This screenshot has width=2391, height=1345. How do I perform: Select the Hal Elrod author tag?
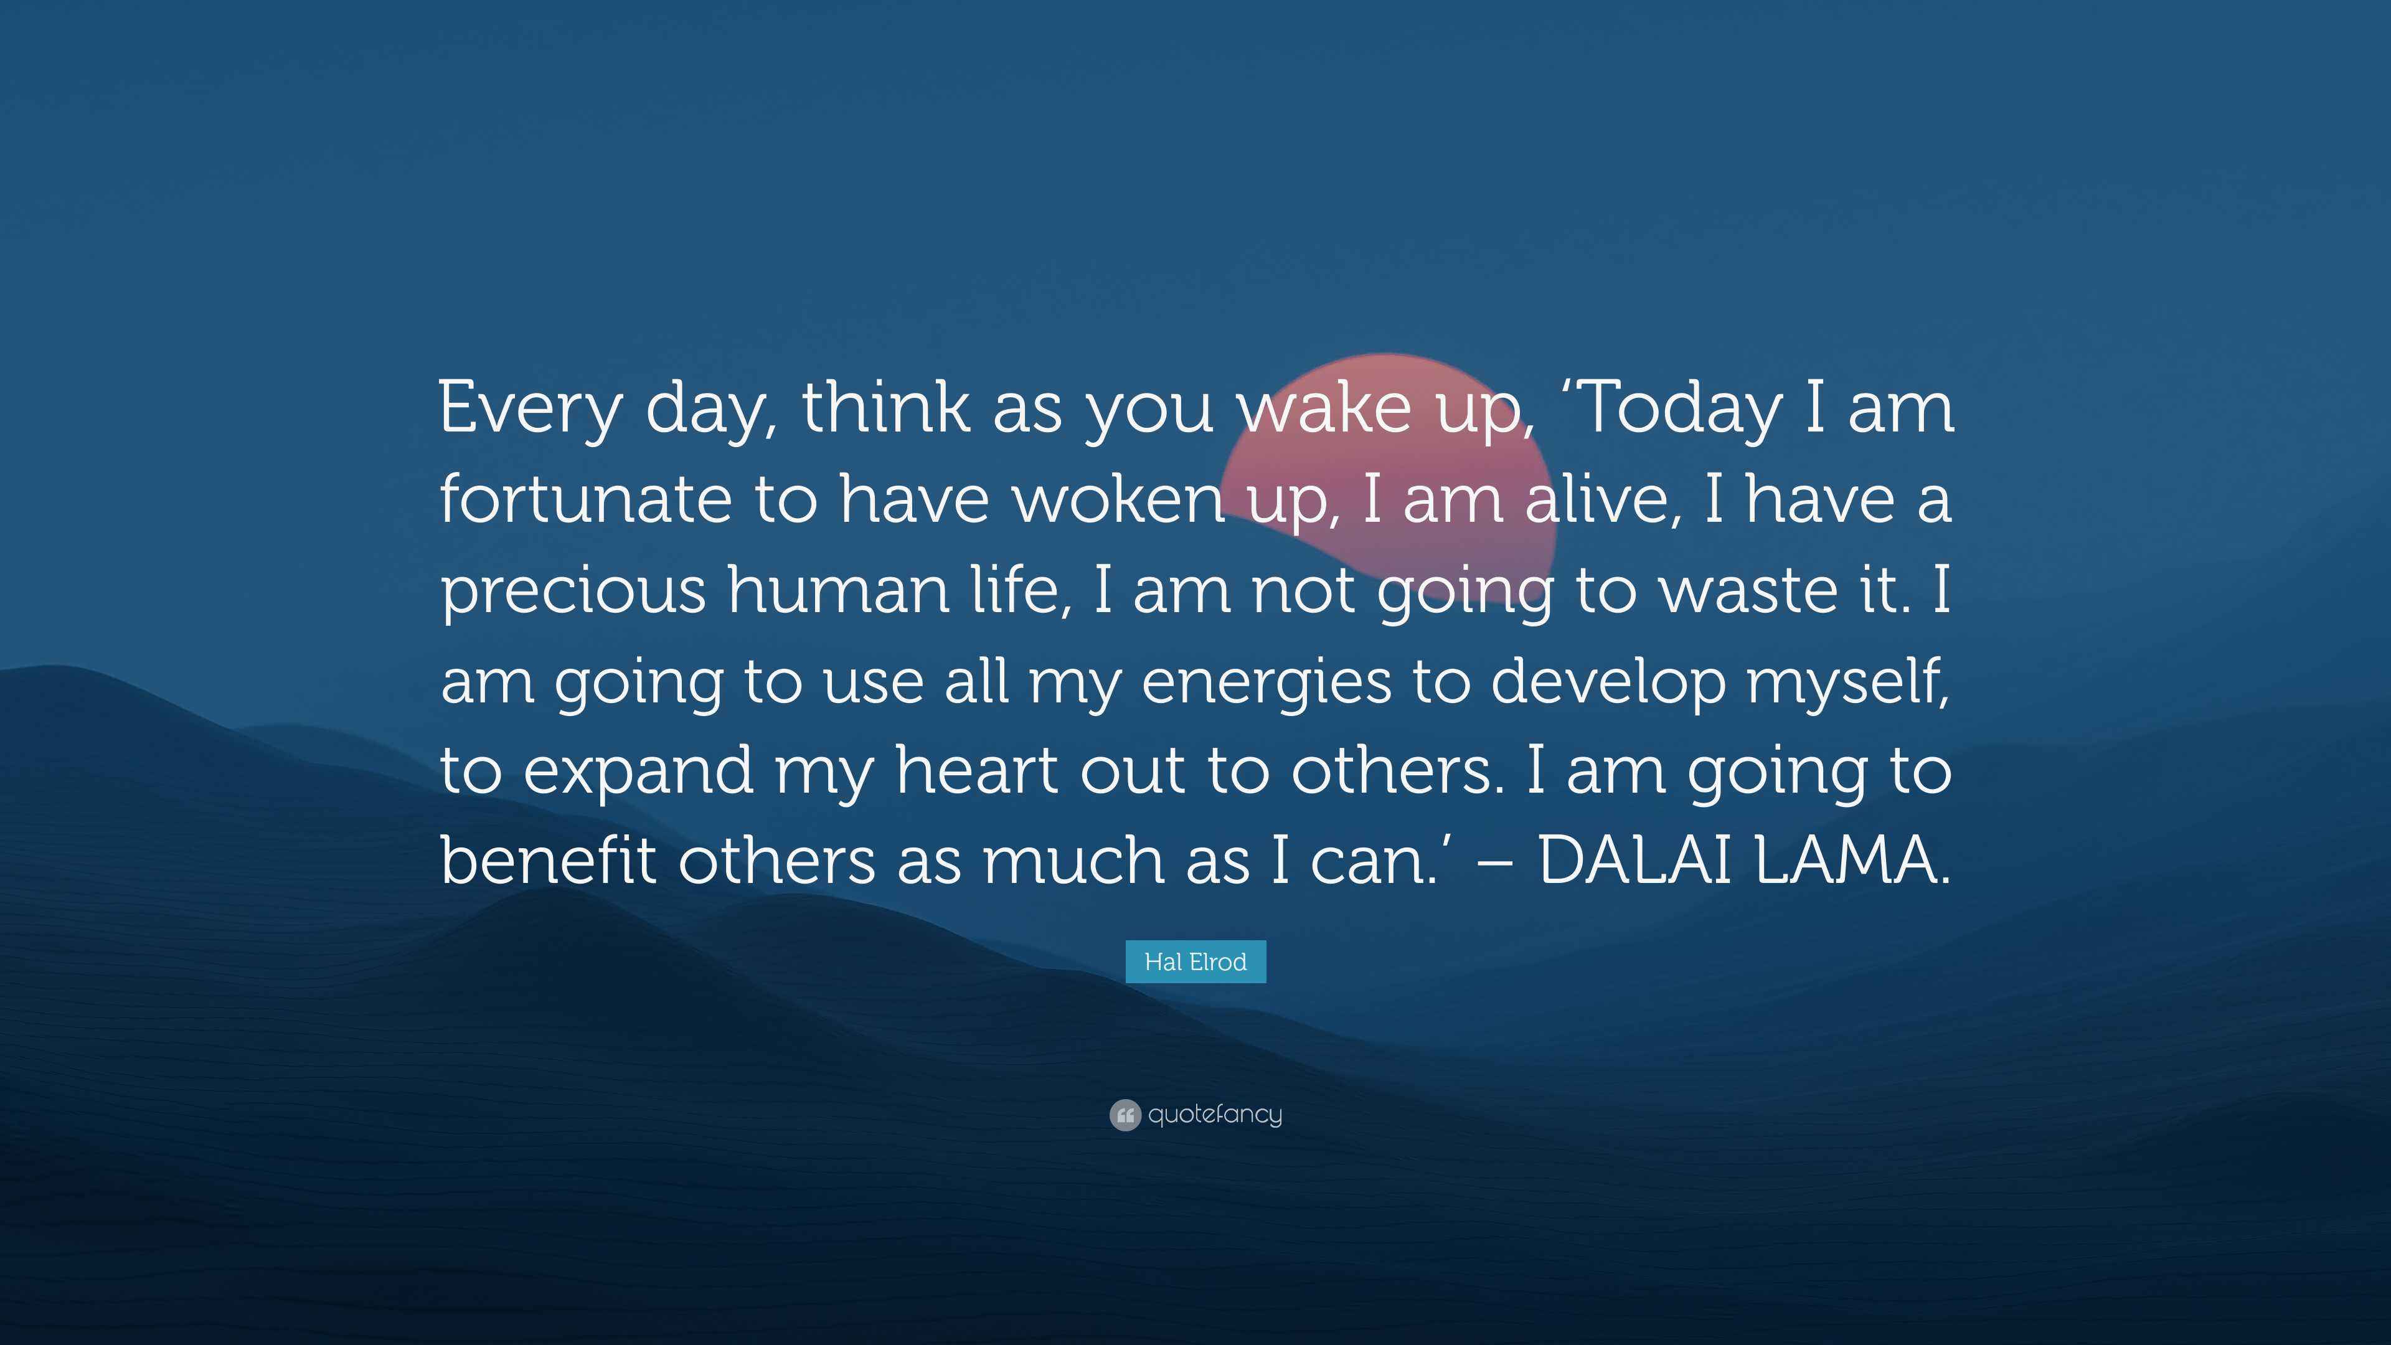[1195, 961]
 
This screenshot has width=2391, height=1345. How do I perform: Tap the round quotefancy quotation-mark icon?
[1125, 1114]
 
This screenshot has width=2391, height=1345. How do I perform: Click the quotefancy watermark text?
[1215, 1114]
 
